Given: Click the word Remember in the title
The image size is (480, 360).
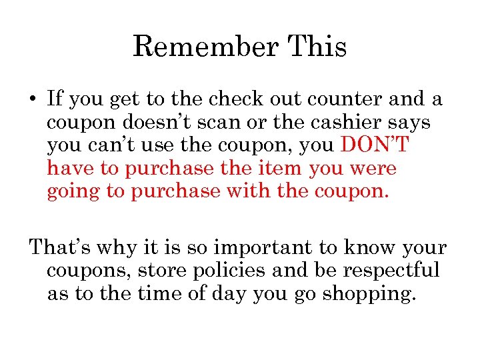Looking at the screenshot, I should (205, 47).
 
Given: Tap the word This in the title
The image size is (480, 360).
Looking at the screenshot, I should (317, 47).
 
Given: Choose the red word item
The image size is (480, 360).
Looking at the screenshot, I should (283, 169).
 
